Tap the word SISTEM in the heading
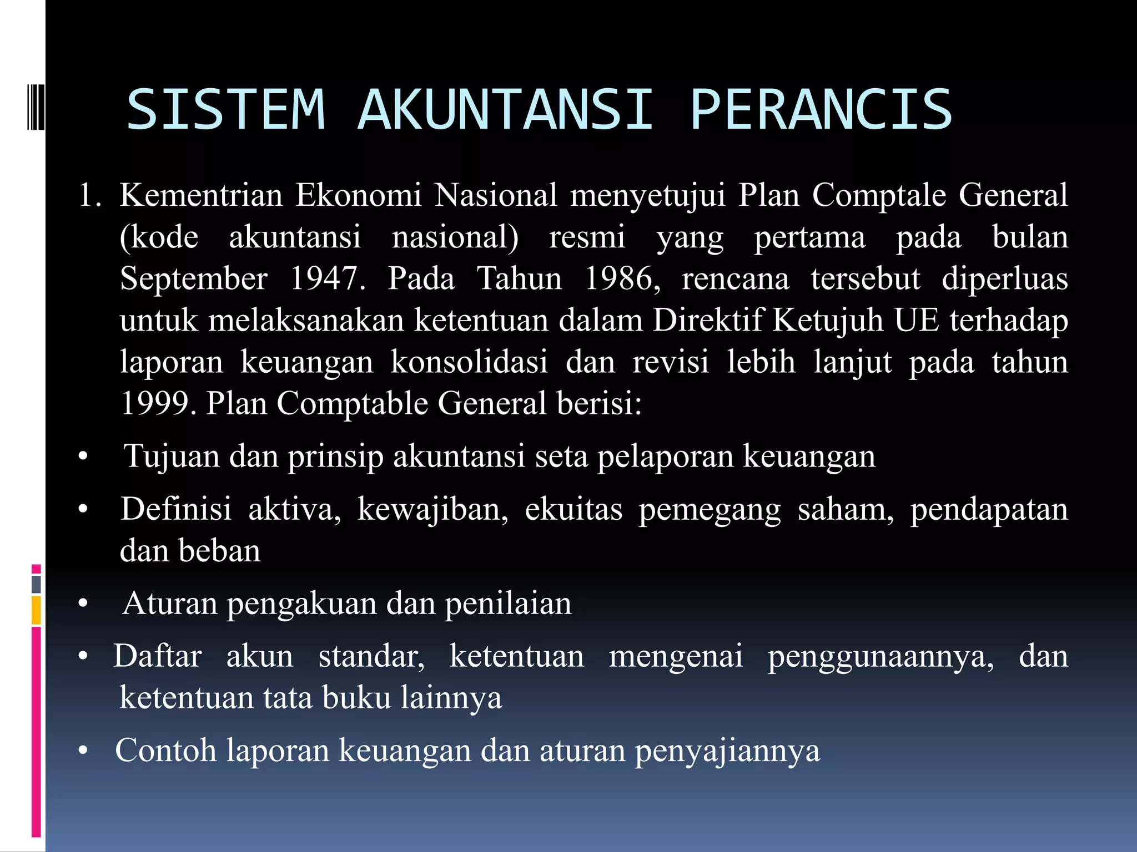pos(226,109)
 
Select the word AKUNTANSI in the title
pos(506,109)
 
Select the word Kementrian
pos(201,195)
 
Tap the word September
pos(194,278)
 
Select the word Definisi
pos(176,509)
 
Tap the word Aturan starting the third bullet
pos(170,603)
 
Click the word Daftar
pos(158,656)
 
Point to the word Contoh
pos(165,750)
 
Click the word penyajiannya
pos(727,751)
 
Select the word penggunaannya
pos(881,657)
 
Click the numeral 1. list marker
pos(89,195)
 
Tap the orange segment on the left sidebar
pos(36,610)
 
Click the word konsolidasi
pos(469,362)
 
